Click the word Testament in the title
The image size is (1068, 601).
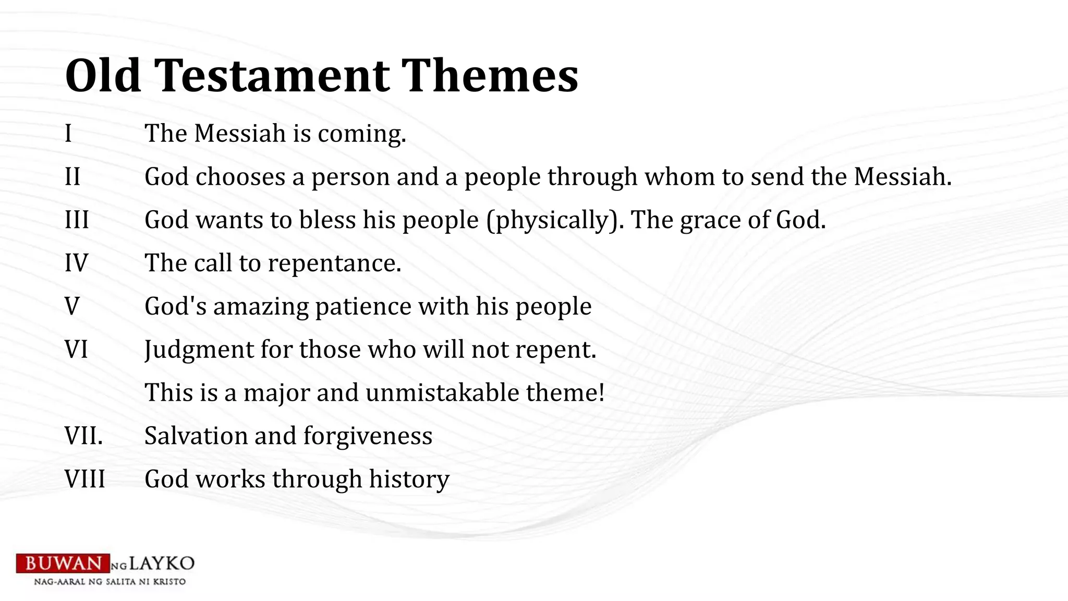click(271, 76)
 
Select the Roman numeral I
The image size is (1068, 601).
click(68, 134)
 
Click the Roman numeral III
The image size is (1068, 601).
click(77, 220)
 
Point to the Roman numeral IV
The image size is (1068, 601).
click(76, 263)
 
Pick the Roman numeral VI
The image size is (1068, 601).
click(76, 350)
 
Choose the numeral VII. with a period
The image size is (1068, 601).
click(83, 436)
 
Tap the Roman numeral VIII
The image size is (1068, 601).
click(85, 479)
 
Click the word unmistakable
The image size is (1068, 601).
click(442, 393)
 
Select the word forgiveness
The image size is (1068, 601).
click(368, 436)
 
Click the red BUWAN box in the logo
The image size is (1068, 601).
click(63, 563)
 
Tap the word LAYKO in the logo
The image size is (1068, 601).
click(162, 563)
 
